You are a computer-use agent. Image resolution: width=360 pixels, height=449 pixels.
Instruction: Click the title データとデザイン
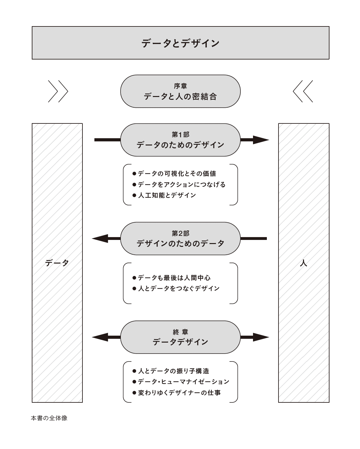pos(180,43)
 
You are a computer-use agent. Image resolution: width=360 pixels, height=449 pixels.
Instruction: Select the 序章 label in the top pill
pos(180,86)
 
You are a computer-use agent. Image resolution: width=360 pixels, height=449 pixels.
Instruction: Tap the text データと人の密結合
pos(180,97)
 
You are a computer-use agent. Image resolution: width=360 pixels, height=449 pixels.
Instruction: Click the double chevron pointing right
pos(58,91)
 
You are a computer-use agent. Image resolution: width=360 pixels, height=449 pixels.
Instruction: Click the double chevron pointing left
pos(303,91)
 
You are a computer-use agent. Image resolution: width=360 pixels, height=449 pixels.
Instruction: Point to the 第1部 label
pos(180,135)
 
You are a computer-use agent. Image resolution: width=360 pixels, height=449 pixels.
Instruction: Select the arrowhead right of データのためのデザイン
pos(261,140)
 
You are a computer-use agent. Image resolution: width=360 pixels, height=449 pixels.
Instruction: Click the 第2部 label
pos(180,233)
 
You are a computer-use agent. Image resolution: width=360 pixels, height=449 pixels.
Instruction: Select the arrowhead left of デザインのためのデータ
pos(100,239)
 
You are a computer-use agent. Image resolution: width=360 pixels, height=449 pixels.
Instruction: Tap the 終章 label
pos(180,332)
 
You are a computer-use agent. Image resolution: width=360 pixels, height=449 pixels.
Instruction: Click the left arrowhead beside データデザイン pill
pos(100,337)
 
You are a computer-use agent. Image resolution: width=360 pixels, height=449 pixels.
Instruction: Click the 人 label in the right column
pos(303,263)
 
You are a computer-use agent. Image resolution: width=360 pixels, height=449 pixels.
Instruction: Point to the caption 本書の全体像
pos(49,418)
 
